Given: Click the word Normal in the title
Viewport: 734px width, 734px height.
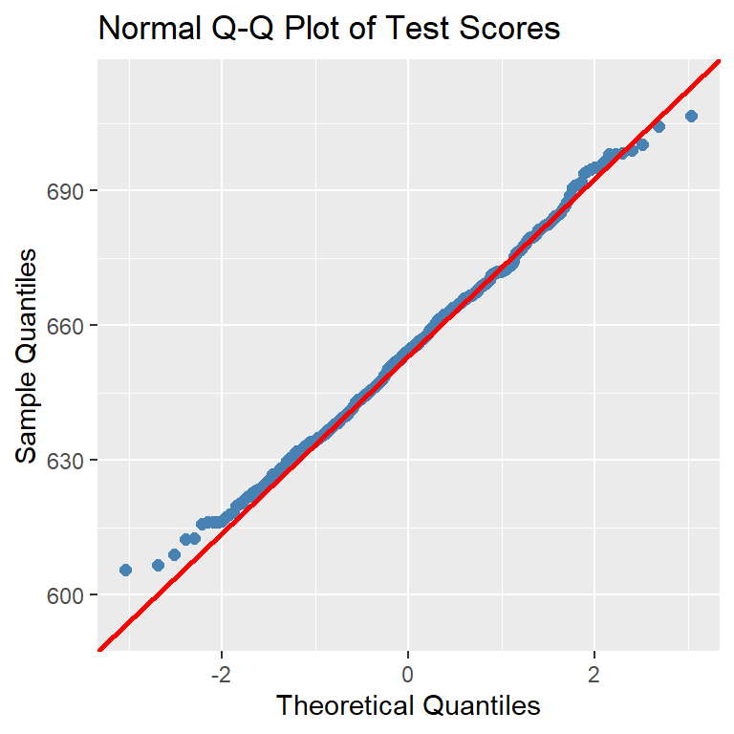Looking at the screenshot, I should (x=143, y=30).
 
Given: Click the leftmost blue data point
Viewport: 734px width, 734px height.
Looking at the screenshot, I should (x=125, y=570).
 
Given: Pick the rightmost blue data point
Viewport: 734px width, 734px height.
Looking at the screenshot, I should (x=692, y=116).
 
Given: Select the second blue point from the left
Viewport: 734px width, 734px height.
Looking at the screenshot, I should (x=159, y=565).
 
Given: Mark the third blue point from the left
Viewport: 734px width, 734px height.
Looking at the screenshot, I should (x=174, y=554).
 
